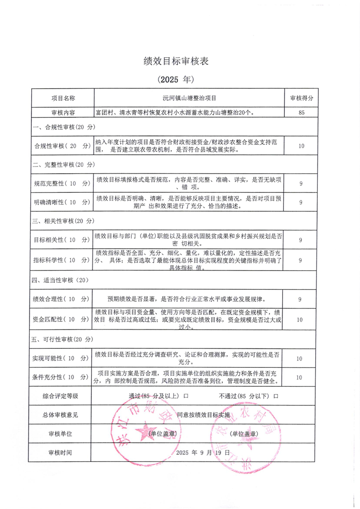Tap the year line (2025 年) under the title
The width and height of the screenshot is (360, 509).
point(176,80)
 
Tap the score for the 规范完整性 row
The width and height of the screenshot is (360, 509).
point(301,183)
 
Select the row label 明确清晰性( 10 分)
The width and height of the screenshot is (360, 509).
point(62,202)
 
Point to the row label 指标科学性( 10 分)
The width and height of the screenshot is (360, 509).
point(62,260)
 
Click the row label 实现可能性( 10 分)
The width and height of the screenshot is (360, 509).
point(62,358)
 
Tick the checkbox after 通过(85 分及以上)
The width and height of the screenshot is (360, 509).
point(186,396)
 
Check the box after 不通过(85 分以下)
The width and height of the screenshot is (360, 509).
point(276,396)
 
